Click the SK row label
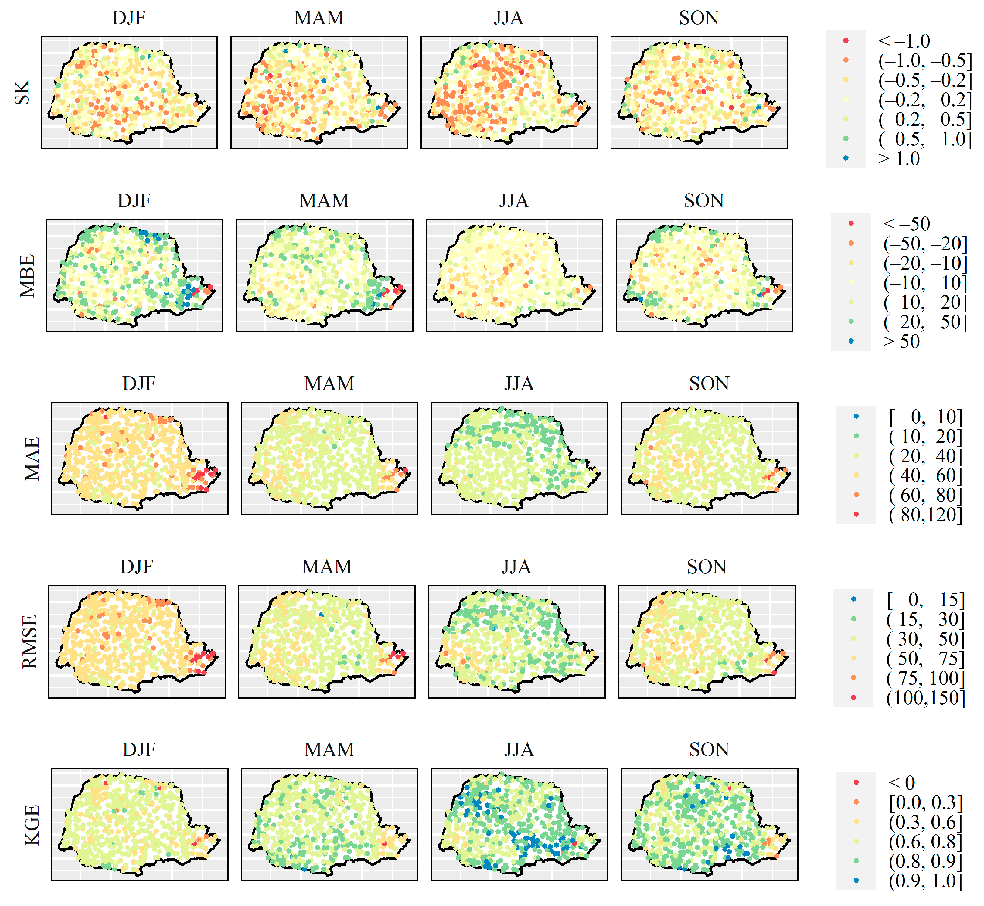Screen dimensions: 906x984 pos(22,93)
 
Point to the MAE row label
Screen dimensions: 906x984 pos(32,459)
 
